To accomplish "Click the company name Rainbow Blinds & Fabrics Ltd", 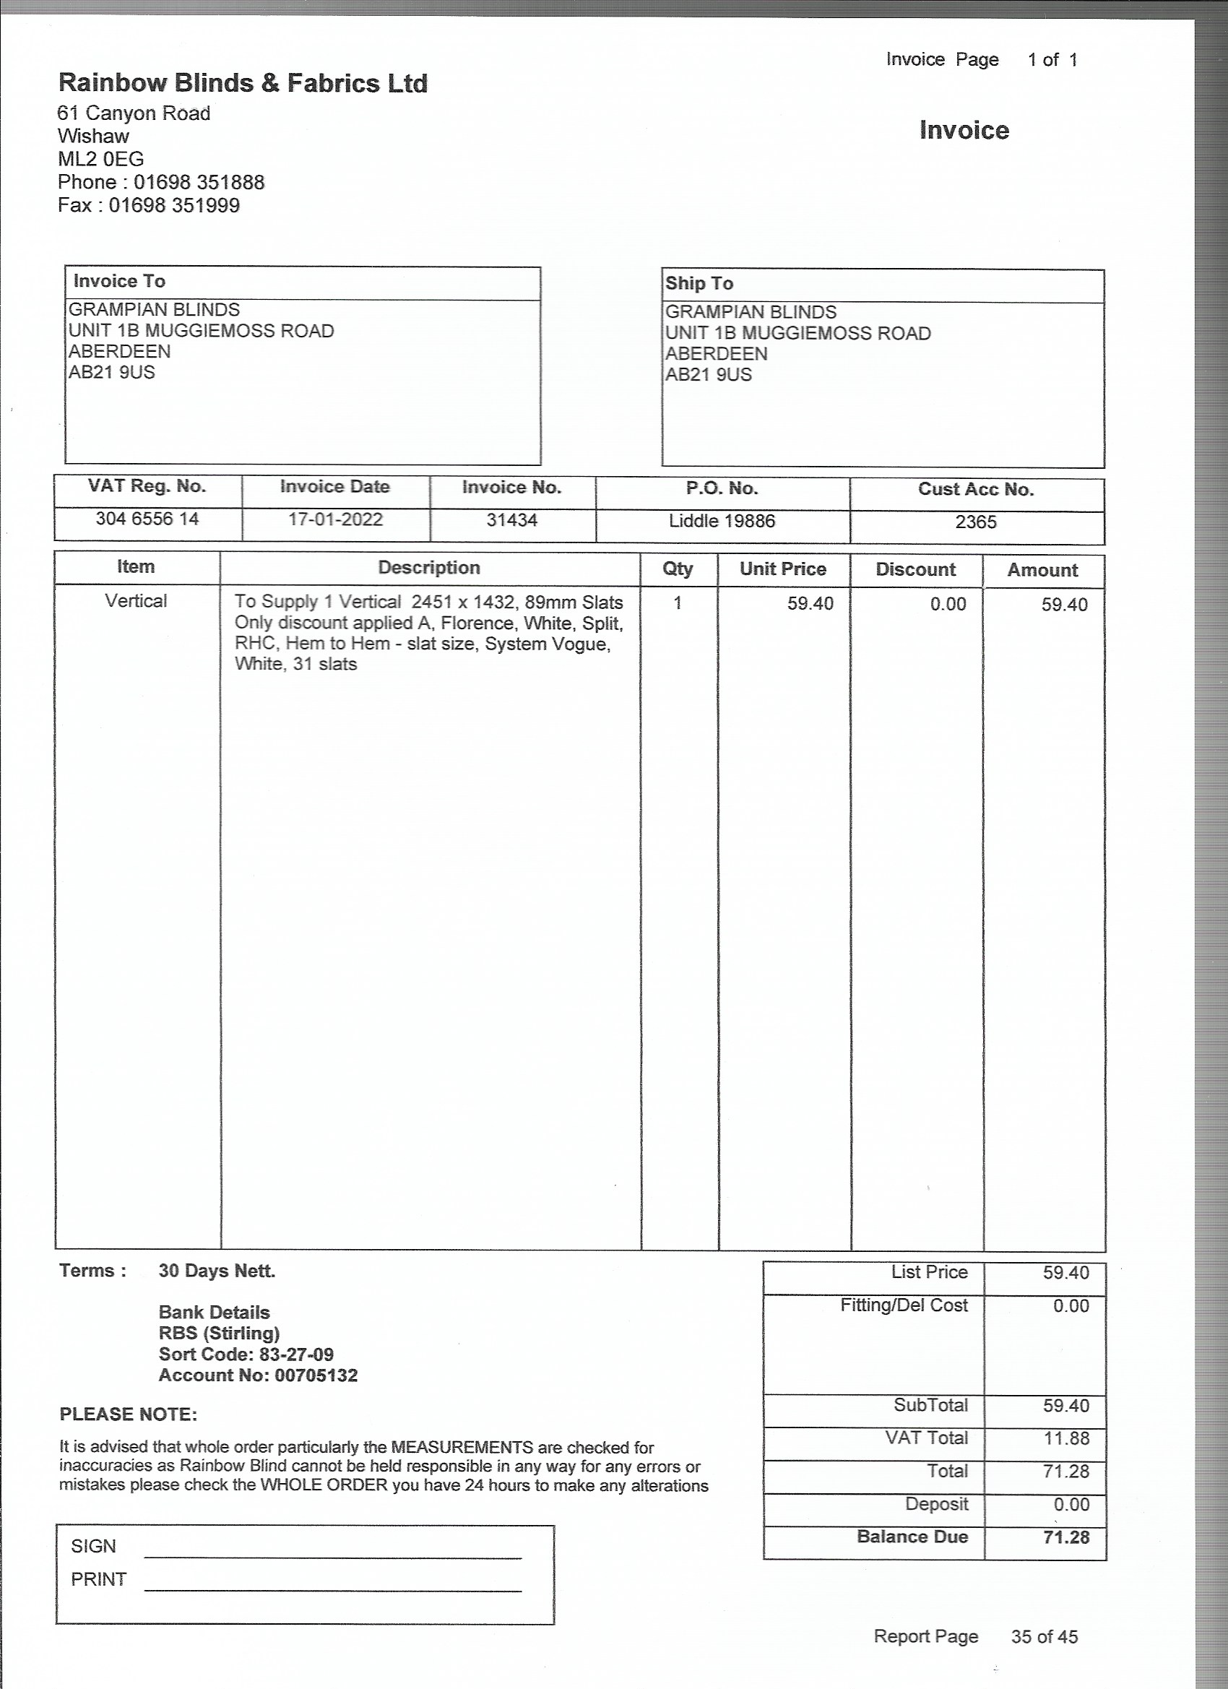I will tap(243, 82).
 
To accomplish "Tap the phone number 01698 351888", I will tap(199, 183).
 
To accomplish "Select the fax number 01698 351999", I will tap(174, 206).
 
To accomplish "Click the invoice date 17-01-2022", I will tap(335, 519).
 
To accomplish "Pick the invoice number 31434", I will tap(511, 520).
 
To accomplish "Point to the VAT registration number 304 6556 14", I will tap(147, 518).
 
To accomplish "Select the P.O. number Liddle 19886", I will tap(722, 521).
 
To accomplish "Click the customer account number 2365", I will tap(976, 522).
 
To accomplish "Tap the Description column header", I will tap(429, 568).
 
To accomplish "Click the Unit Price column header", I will tap(783, 569).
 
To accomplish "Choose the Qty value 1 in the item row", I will tap(678, 602).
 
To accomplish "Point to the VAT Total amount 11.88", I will tap(1065, 1438).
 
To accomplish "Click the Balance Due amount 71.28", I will tap(1065, 1537).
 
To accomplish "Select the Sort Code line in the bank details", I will tap(246, 1355).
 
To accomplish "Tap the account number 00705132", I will tap(316, 1375).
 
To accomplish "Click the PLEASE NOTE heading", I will tap(128, 1414).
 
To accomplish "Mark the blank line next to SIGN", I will tap(333, 1551).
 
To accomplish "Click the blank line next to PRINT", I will tap(333, 1584).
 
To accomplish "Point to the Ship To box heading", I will tap(699, 283).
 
